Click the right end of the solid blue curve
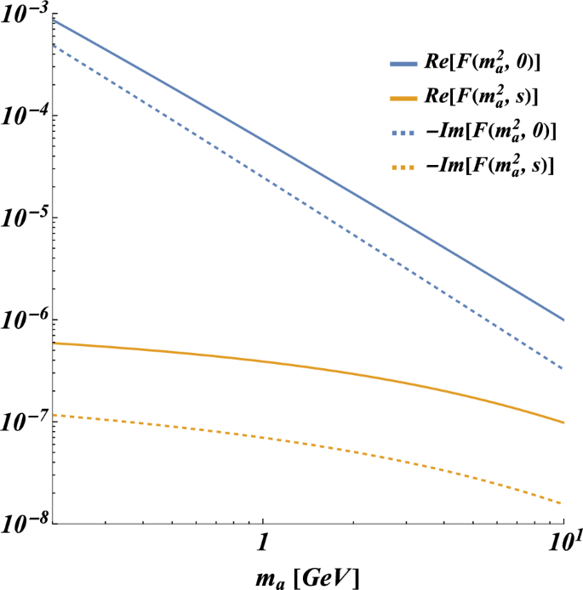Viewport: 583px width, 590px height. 564,320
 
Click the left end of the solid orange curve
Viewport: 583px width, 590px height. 53,343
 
